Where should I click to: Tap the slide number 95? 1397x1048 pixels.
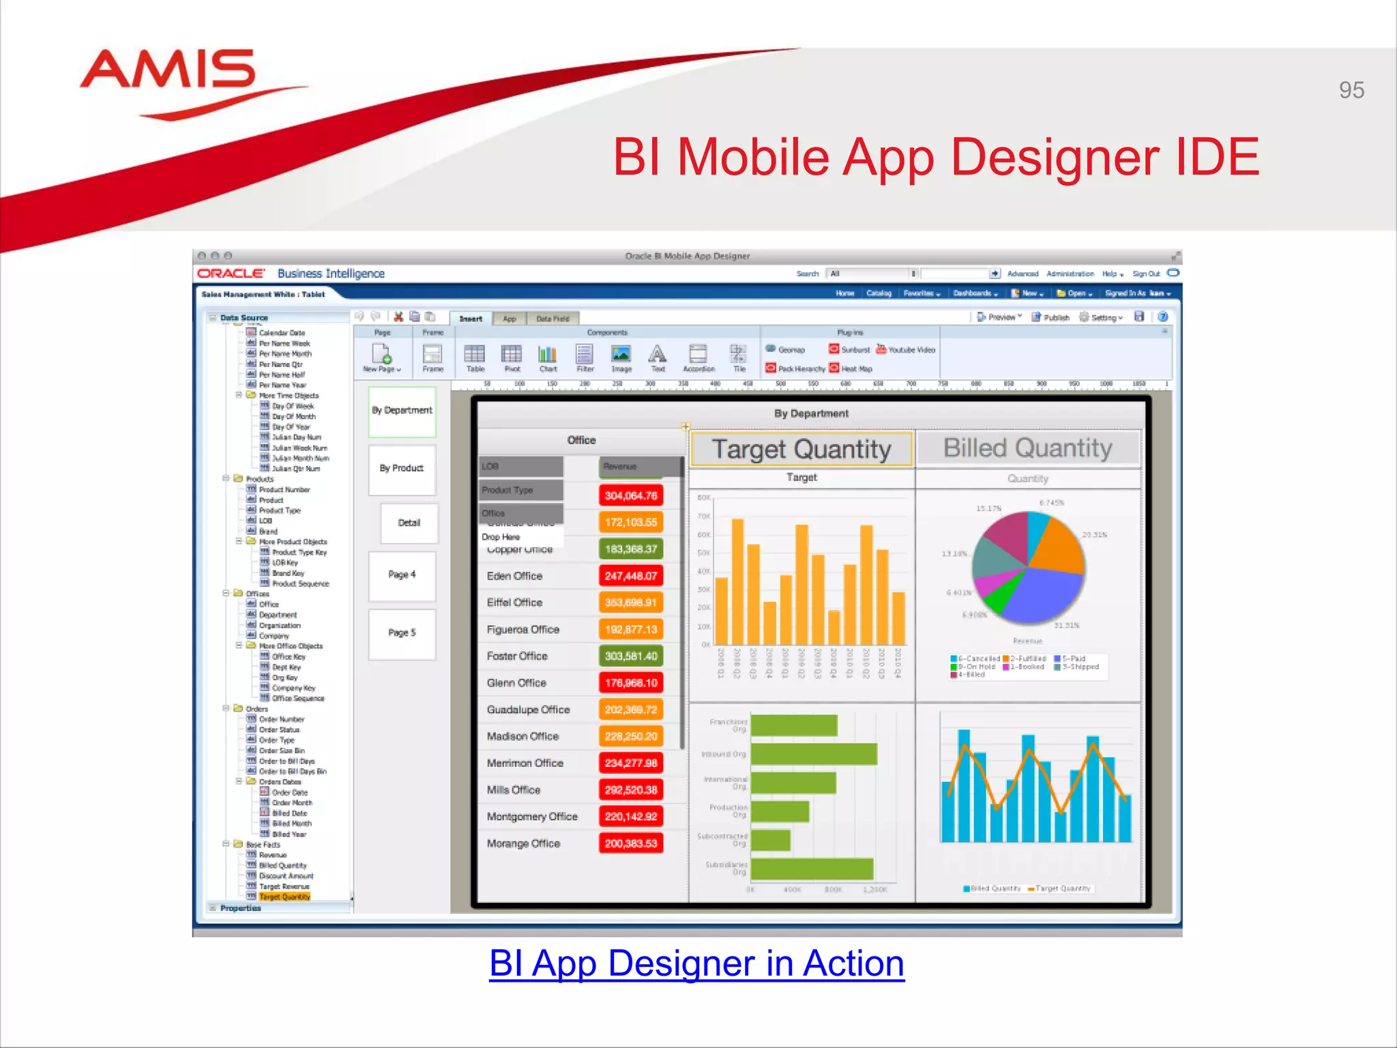point(1351,90)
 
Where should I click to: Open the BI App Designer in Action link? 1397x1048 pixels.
point(696,963)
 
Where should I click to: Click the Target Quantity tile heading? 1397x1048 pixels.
point(802,449)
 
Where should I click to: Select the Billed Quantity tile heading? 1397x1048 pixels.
point(1027,448)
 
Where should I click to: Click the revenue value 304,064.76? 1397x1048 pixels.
point(631,495)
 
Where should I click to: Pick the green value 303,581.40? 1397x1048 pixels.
point(631,656)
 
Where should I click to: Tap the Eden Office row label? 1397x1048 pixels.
point(514,576)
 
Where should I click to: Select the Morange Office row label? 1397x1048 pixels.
point(523,843)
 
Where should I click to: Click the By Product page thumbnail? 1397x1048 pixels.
point(402,469)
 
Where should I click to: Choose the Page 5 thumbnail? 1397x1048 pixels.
point(402,633)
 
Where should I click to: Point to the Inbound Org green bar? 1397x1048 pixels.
point(813,754)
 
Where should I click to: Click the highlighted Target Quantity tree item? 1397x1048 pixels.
point(284,897)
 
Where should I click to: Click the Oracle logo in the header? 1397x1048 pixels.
point(231,274)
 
